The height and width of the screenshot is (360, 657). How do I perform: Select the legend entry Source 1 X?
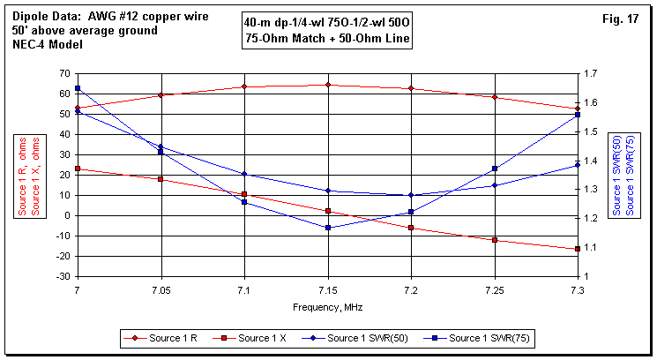(262, 338)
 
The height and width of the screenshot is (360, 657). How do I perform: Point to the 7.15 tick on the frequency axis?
(328, 289)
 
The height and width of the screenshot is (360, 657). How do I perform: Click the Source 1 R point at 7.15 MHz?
(328, 85)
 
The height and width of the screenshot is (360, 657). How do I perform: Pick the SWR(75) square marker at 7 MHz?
(78, 88)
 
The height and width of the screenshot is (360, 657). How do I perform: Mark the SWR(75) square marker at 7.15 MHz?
(328, 228)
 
